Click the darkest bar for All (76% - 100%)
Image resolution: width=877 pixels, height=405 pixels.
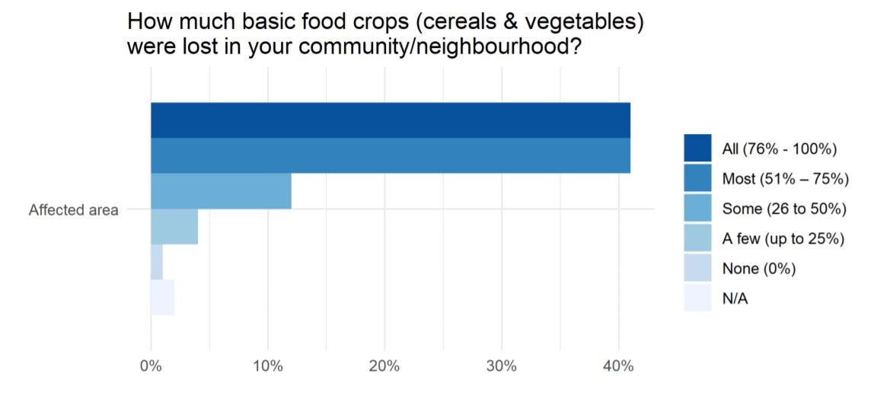coord(391,120)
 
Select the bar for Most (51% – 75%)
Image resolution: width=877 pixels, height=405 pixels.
coord(391,155)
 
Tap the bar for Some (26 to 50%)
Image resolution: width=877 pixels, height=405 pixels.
coord(221,191)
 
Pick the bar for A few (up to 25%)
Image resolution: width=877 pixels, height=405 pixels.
coord(174,227)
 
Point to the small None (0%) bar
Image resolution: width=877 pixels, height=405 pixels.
coord(157,262)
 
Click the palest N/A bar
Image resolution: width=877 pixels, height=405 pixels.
coord(163,297)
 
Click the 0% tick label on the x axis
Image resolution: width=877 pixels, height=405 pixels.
coord(151,367)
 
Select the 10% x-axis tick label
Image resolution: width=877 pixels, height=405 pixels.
coord(268,367)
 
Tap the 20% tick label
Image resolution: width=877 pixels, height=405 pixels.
coord(384,367)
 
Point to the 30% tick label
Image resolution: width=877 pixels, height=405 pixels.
coord(502,367)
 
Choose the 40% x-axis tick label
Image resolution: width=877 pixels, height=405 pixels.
coord(619,367)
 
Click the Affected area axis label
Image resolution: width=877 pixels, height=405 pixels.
coord(74,210)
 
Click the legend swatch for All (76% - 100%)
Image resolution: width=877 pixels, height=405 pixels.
coord(697,148)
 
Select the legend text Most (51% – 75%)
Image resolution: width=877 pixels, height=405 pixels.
coord(786,178)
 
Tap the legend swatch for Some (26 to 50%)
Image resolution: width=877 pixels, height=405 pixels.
coord(697,208)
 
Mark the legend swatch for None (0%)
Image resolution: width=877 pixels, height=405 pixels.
coord(697,269)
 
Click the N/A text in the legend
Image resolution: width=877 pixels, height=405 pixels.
coord(735,299)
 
